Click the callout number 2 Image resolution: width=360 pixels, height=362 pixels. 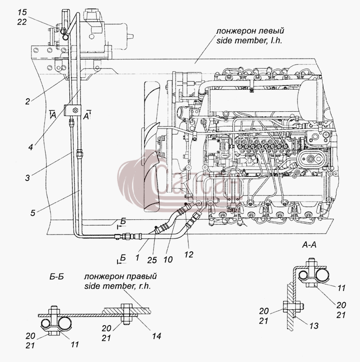(x=28, y=101)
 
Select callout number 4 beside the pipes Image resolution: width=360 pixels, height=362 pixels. (x=31, y=147)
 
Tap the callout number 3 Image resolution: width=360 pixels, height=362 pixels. (x=27, y=178)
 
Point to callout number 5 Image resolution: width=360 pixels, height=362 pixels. (x=33, y=213)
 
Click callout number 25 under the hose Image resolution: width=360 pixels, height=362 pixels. (x=152, y=260)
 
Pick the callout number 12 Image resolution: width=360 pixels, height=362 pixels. (x=189, y=255)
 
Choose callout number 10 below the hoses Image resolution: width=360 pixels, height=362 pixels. (x=168, y=259)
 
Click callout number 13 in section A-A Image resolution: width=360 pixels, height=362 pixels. (x=314, y=326)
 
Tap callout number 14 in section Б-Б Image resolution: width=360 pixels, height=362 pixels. (x=156, y=336)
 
